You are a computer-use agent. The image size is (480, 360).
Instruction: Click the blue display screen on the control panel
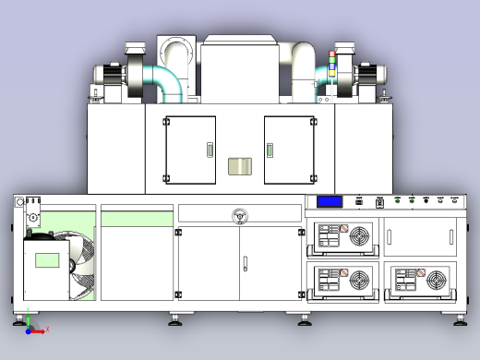(330, 202)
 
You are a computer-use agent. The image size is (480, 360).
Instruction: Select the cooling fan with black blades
(80, 267)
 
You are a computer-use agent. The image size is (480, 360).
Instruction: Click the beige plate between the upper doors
(240, 167)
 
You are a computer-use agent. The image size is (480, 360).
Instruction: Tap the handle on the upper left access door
(209, 150)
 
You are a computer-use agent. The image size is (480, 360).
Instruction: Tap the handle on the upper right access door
(271, 150)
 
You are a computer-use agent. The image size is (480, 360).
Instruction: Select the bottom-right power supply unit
(419, 281)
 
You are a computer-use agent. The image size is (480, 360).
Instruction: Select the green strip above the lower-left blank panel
(137, 218)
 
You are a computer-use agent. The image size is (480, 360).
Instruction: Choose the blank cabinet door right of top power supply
(419, 237)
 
